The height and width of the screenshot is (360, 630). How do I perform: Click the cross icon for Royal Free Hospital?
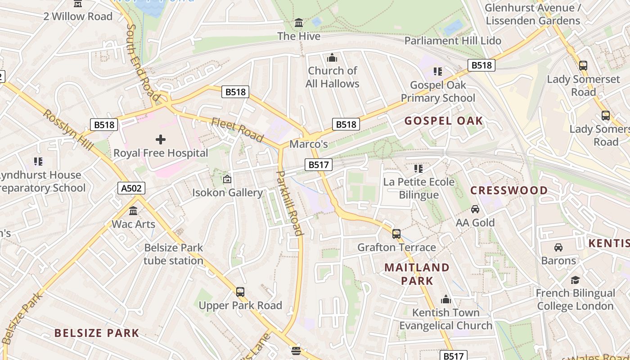click(x=160, y=139)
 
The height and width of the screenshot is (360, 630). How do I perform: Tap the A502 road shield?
click(x=131, y=188)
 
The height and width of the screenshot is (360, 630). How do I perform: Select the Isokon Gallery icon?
click(x=227, y=180)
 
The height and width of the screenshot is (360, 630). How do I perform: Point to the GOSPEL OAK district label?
click(x=443, y=121)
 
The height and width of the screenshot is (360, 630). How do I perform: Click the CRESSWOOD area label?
click(x=509, y=190)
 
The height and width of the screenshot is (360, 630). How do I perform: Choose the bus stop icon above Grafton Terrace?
click(x=396, y=234)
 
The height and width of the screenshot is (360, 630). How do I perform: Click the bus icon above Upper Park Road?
click(x=240, y=292)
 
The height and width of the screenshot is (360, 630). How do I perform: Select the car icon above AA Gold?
click(x=475, y=209)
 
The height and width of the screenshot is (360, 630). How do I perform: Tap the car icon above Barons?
click(x=558, y=247)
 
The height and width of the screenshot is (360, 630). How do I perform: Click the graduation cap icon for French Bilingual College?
click(x=575, y=280)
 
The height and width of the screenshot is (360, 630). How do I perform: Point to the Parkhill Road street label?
click(x=289, y=203)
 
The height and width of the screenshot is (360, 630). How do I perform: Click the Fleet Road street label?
click(x=237, y=129)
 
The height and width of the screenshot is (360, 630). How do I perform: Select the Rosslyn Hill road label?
click(x=68, y=130)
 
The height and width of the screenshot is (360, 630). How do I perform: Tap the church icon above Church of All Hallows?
click(x=332, y=58)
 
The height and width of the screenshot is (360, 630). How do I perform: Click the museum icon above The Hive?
click(x=299, y=23)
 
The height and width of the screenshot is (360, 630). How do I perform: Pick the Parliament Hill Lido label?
click(x=452, y=40)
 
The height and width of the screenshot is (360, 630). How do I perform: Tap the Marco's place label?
click(x=308, y=144)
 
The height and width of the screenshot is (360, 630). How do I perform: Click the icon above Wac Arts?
click(x=133, y=211)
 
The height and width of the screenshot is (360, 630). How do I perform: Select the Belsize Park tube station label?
click(x=173, y=254)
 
